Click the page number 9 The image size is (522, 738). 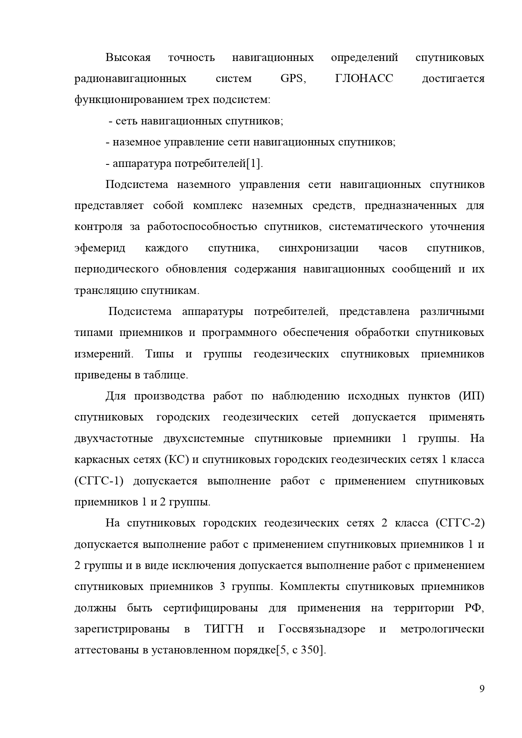[482, 689]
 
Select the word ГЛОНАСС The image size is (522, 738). [364, 79]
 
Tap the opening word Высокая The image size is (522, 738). [128, 58]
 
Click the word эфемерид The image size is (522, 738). [100, 248]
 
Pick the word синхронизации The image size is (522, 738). [318, 248]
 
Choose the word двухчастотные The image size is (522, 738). [114, 439]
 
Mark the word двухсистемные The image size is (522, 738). [204, 439]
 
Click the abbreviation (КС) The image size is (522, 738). [176, 460]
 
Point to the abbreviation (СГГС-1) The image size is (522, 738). [99, 481]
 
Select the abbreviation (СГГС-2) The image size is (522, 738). [460, 523]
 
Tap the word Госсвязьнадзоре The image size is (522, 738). [322, 629]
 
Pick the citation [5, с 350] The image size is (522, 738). [301, 650]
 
